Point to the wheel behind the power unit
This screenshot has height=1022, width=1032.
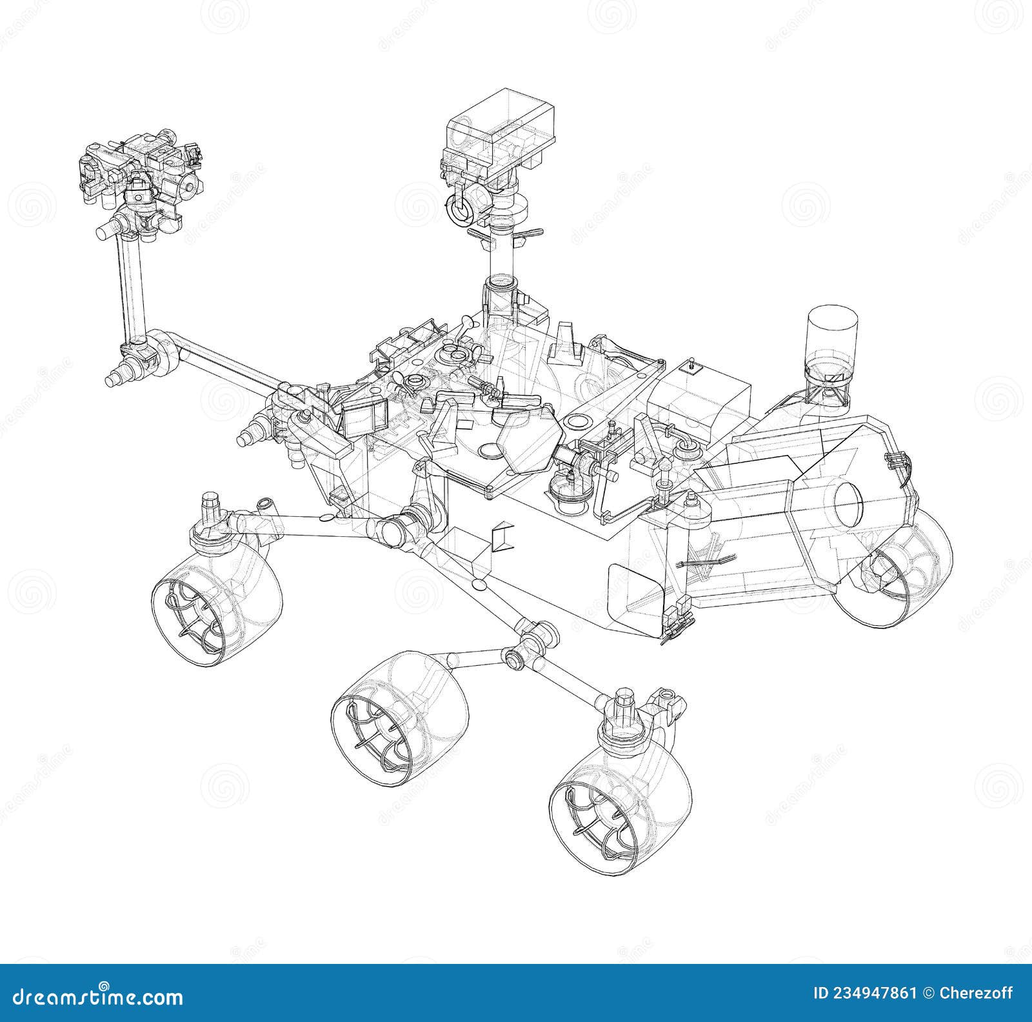click(903, 568)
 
